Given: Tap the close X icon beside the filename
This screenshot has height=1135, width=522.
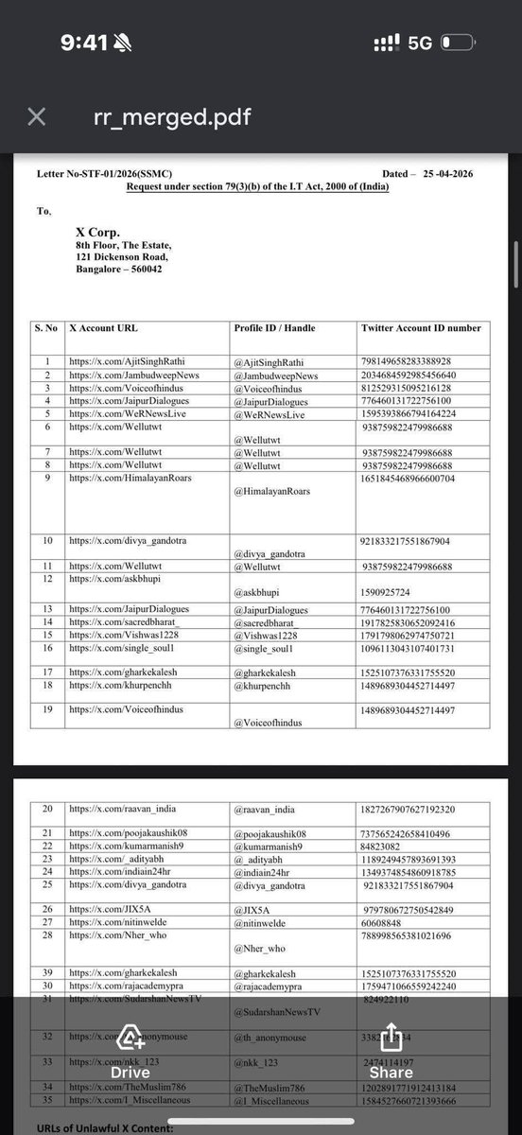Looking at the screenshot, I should (x=35, y=116).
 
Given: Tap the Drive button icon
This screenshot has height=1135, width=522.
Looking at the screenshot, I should (x=130, y=1042).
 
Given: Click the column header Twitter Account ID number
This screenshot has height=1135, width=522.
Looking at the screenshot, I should (x=421, y=328).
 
